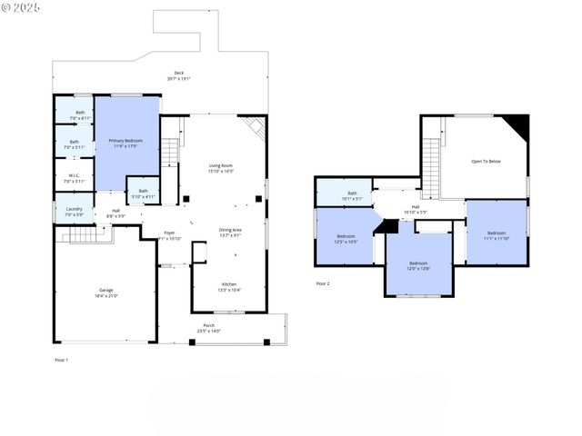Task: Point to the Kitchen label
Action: (229, 286)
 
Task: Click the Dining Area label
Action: (230, 232)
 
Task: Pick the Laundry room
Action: (74, 212)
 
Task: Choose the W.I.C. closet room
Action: (74, 178)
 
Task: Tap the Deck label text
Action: (178, 75)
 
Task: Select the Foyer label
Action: (169, 235)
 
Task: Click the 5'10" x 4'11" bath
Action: (143, 193)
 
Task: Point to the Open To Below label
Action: (486, 162)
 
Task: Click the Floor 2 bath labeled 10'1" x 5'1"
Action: (351, 194)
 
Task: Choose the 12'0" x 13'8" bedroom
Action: (417, 266)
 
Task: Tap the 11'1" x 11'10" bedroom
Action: (496, 235)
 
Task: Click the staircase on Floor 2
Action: (432, 154)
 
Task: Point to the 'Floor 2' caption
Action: (323, 284)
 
